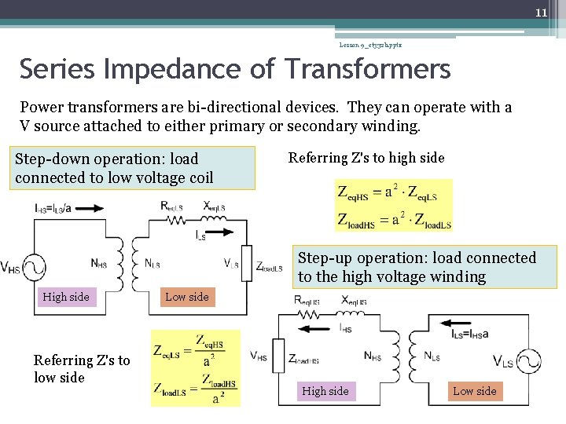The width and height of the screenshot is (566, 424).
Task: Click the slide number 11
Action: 541,13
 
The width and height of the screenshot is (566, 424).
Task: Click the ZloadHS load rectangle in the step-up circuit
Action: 278,358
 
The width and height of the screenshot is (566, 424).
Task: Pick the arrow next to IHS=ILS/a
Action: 89,209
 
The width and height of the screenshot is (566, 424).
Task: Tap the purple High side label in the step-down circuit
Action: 66,297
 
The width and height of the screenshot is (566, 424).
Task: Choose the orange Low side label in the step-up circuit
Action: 475,391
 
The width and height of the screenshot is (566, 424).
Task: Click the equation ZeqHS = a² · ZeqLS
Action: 386,192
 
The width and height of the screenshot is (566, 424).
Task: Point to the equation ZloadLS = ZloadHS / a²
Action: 195,389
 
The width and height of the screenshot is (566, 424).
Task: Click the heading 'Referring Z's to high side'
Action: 366,158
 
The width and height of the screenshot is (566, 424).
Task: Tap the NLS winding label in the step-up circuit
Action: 432,356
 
